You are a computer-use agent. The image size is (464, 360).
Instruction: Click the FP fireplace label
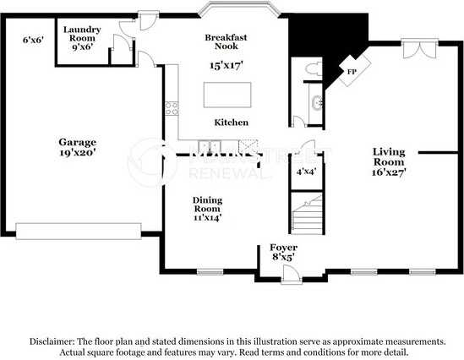(352, 73)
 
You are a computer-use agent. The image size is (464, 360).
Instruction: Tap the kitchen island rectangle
(227, 92)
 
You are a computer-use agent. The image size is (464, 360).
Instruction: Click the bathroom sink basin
(316, 104)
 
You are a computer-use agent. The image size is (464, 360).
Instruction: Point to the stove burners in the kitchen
(172, 107)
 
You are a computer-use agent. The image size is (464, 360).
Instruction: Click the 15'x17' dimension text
(227, 65)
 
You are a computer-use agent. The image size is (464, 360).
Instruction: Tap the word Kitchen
(231, 123)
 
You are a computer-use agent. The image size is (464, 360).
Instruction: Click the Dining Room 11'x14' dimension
(206, 217)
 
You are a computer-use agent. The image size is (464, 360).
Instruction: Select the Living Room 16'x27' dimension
(390, 171)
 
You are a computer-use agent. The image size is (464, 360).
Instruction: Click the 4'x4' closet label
(305, 172)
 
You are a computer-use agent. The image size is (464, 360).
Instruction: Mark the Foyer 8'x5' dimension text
(282, 256)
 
